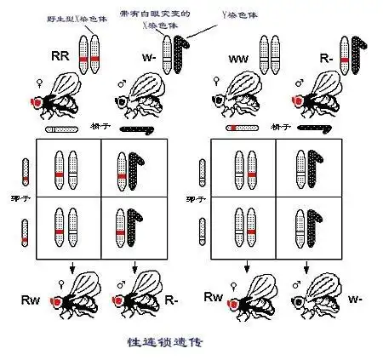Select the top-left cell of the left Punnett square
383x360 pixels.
click(x=67, y=169)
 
